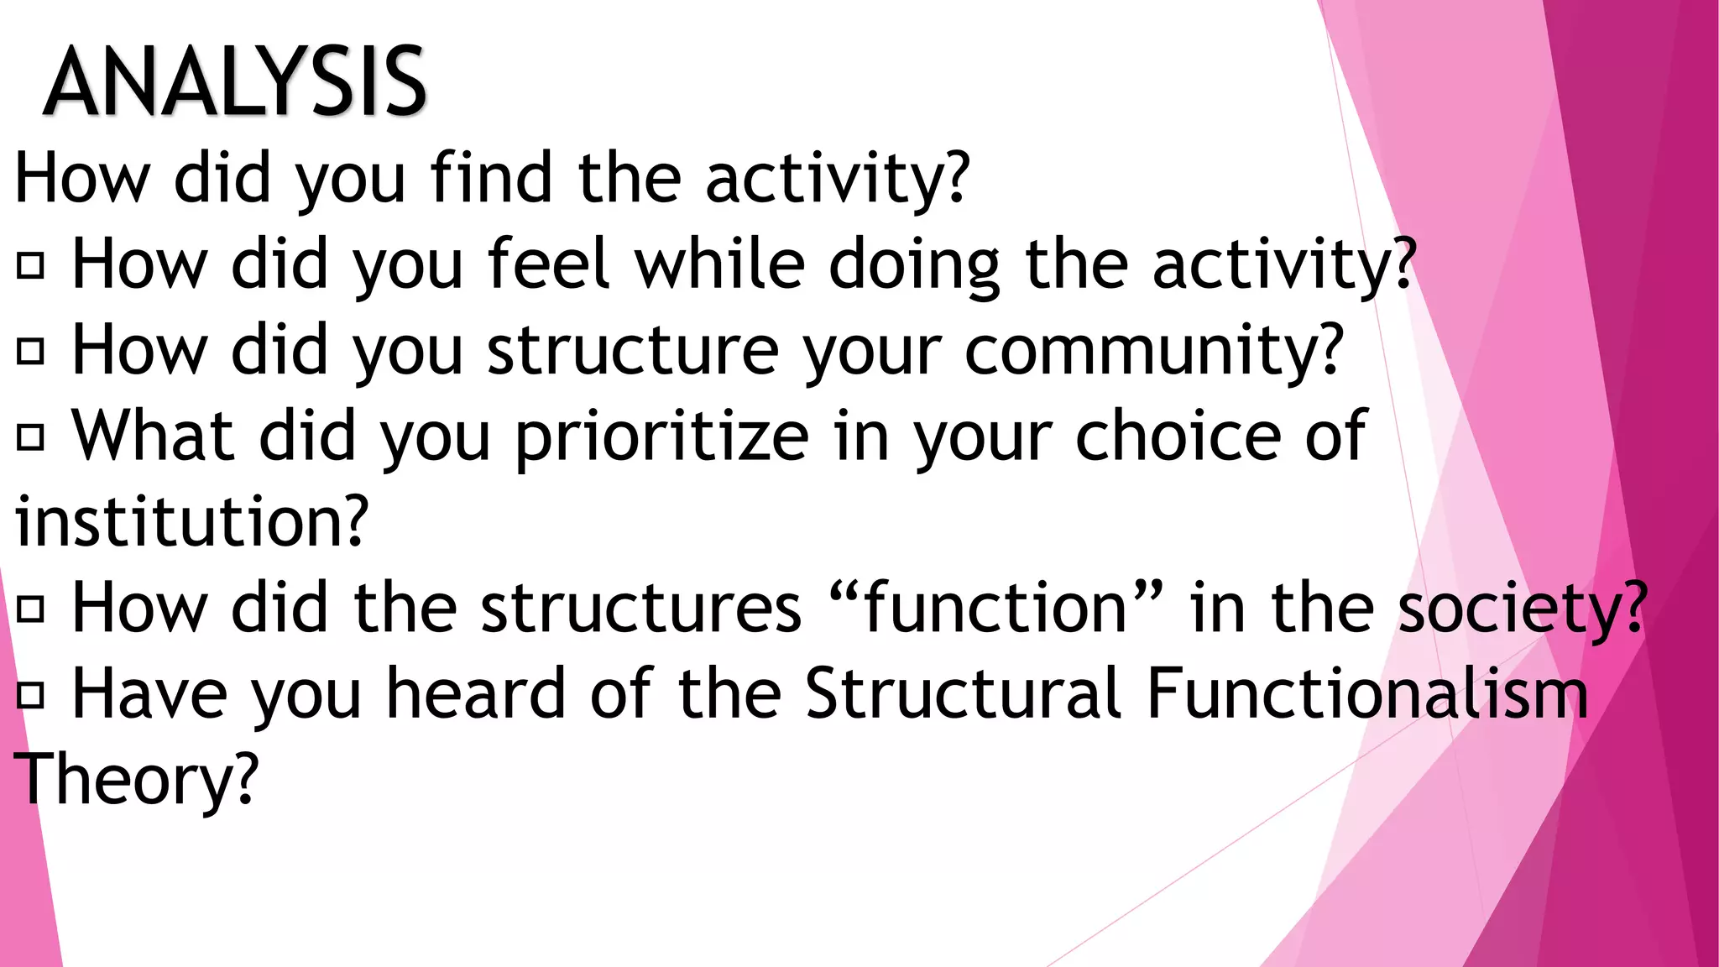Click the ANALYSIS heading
pyautogui.click(x=235, y=82)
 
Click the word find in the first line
pyautogui.click(x=491, y=177)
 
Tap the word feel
pyautogui.click(x=548, y=264)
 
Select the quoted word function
pyautogui.click(x=995, y=608)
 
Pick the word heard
pyautogui.click(x=476, y=694)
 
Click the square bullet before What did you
pyautogui.click(x=30, y=437)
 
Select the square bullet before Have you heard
pyautogui.click(x=30, y=695)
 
